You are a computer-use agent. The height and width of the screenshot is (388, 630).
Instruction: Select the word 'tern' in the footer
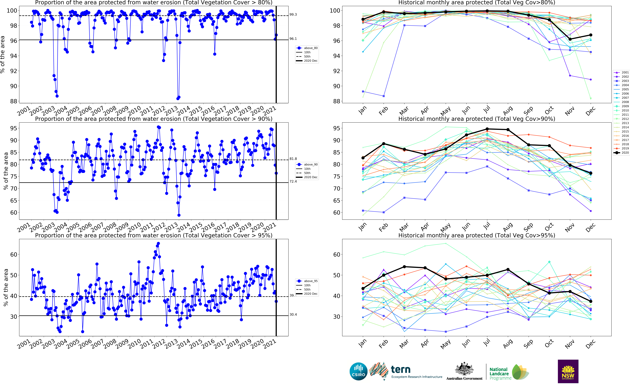click(400, 370)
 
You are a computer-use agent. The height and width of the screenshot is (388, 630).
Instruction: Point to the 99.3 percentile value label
click(293, 15)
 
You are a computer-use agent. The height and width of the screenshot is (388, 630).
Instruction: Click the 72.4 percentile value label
click(293, 181)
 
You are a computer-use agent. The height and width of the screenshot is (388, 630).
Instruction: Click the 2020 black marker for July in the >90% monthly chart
click(487, 129)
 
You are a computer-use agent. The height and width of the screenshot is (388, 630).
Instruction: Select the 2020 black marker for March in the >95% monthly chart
click(404, 267)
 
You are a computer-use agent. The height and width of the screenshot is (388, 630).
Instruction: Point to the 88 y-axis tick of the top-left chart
click(13, 101)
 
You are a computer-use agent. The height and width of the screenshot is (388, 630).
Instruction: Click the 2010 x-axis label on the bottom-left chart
click(134, 344)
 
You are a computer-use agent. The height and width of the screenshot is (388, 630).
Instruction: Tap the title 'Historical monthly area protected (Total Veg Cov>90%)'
click(476, 119)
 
